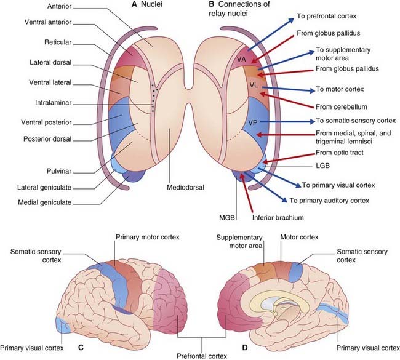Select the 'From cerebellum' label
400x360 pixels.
(342, 105)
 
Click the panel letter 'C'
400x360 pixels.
(81, 345)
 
